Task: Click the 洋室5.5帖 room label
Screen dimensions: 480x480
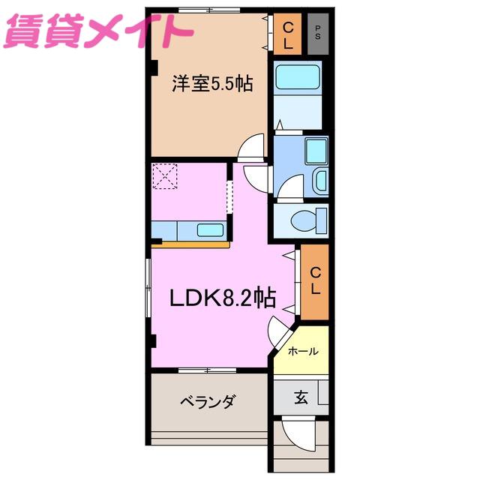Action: tap(212, 83)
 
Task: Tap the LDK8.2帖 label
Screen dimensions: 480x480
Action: tap(223, 297)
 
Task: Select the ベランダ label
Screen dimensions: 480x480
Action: tap(208, 401)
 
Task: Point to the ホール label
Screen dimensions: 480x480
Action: tap(303, 351)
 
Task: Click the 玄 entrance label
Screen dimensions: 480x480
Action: tap(301, 397)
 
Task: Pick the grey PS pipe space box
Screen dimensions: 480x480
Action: tap(318, 34)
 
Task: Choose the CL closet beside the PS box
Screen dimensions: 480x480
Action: tap(287, 34)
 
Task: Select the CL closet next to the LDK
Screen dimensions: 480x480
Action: tap(315, 282)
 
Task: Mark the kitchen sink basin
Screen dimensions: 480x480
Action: tap(210, 230)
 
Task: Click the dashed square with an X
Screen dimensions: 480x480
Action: tap(165, 176)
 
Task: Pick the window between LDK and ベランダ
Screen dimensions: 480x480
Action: tap(207, 370)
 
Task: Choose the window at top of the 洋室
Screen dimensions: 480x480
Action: tap(209, 10)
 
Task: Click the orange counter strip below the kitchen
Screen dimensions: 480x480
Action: tap(190, 244)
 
